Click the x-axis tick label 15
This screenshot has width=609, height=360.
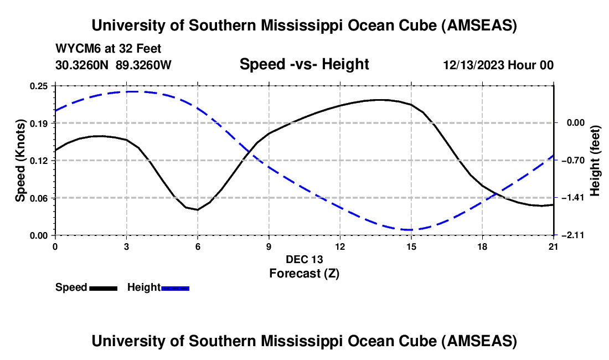click(411, 246)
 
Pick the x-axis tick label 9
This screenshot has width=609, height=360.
click(269, 246)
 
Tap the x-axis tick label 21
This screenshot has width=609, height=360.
click(553, 246)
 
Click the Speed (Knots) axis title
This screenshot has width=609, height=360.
click(20, 160)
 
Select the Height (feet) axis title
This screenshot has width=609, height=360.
click(595, 160)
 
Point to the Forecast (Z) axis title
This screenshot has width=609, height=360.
click(304, 273)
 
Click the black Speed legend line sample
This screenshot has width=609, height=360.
click(103, 288)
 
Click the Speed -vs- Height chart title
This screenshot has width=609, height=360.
click(304, 64)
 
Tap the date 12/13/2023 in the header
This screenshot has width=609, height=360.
click(474, 65)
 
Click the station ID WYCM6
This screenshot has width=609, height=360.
click(75, 49)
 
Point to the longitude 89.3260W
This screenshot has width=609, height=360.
click(144, 65)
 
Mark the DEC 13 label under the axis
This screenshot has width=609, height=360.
click(304, 259)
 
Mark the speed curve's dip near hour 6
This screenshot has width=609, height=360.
click(197, 210)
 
